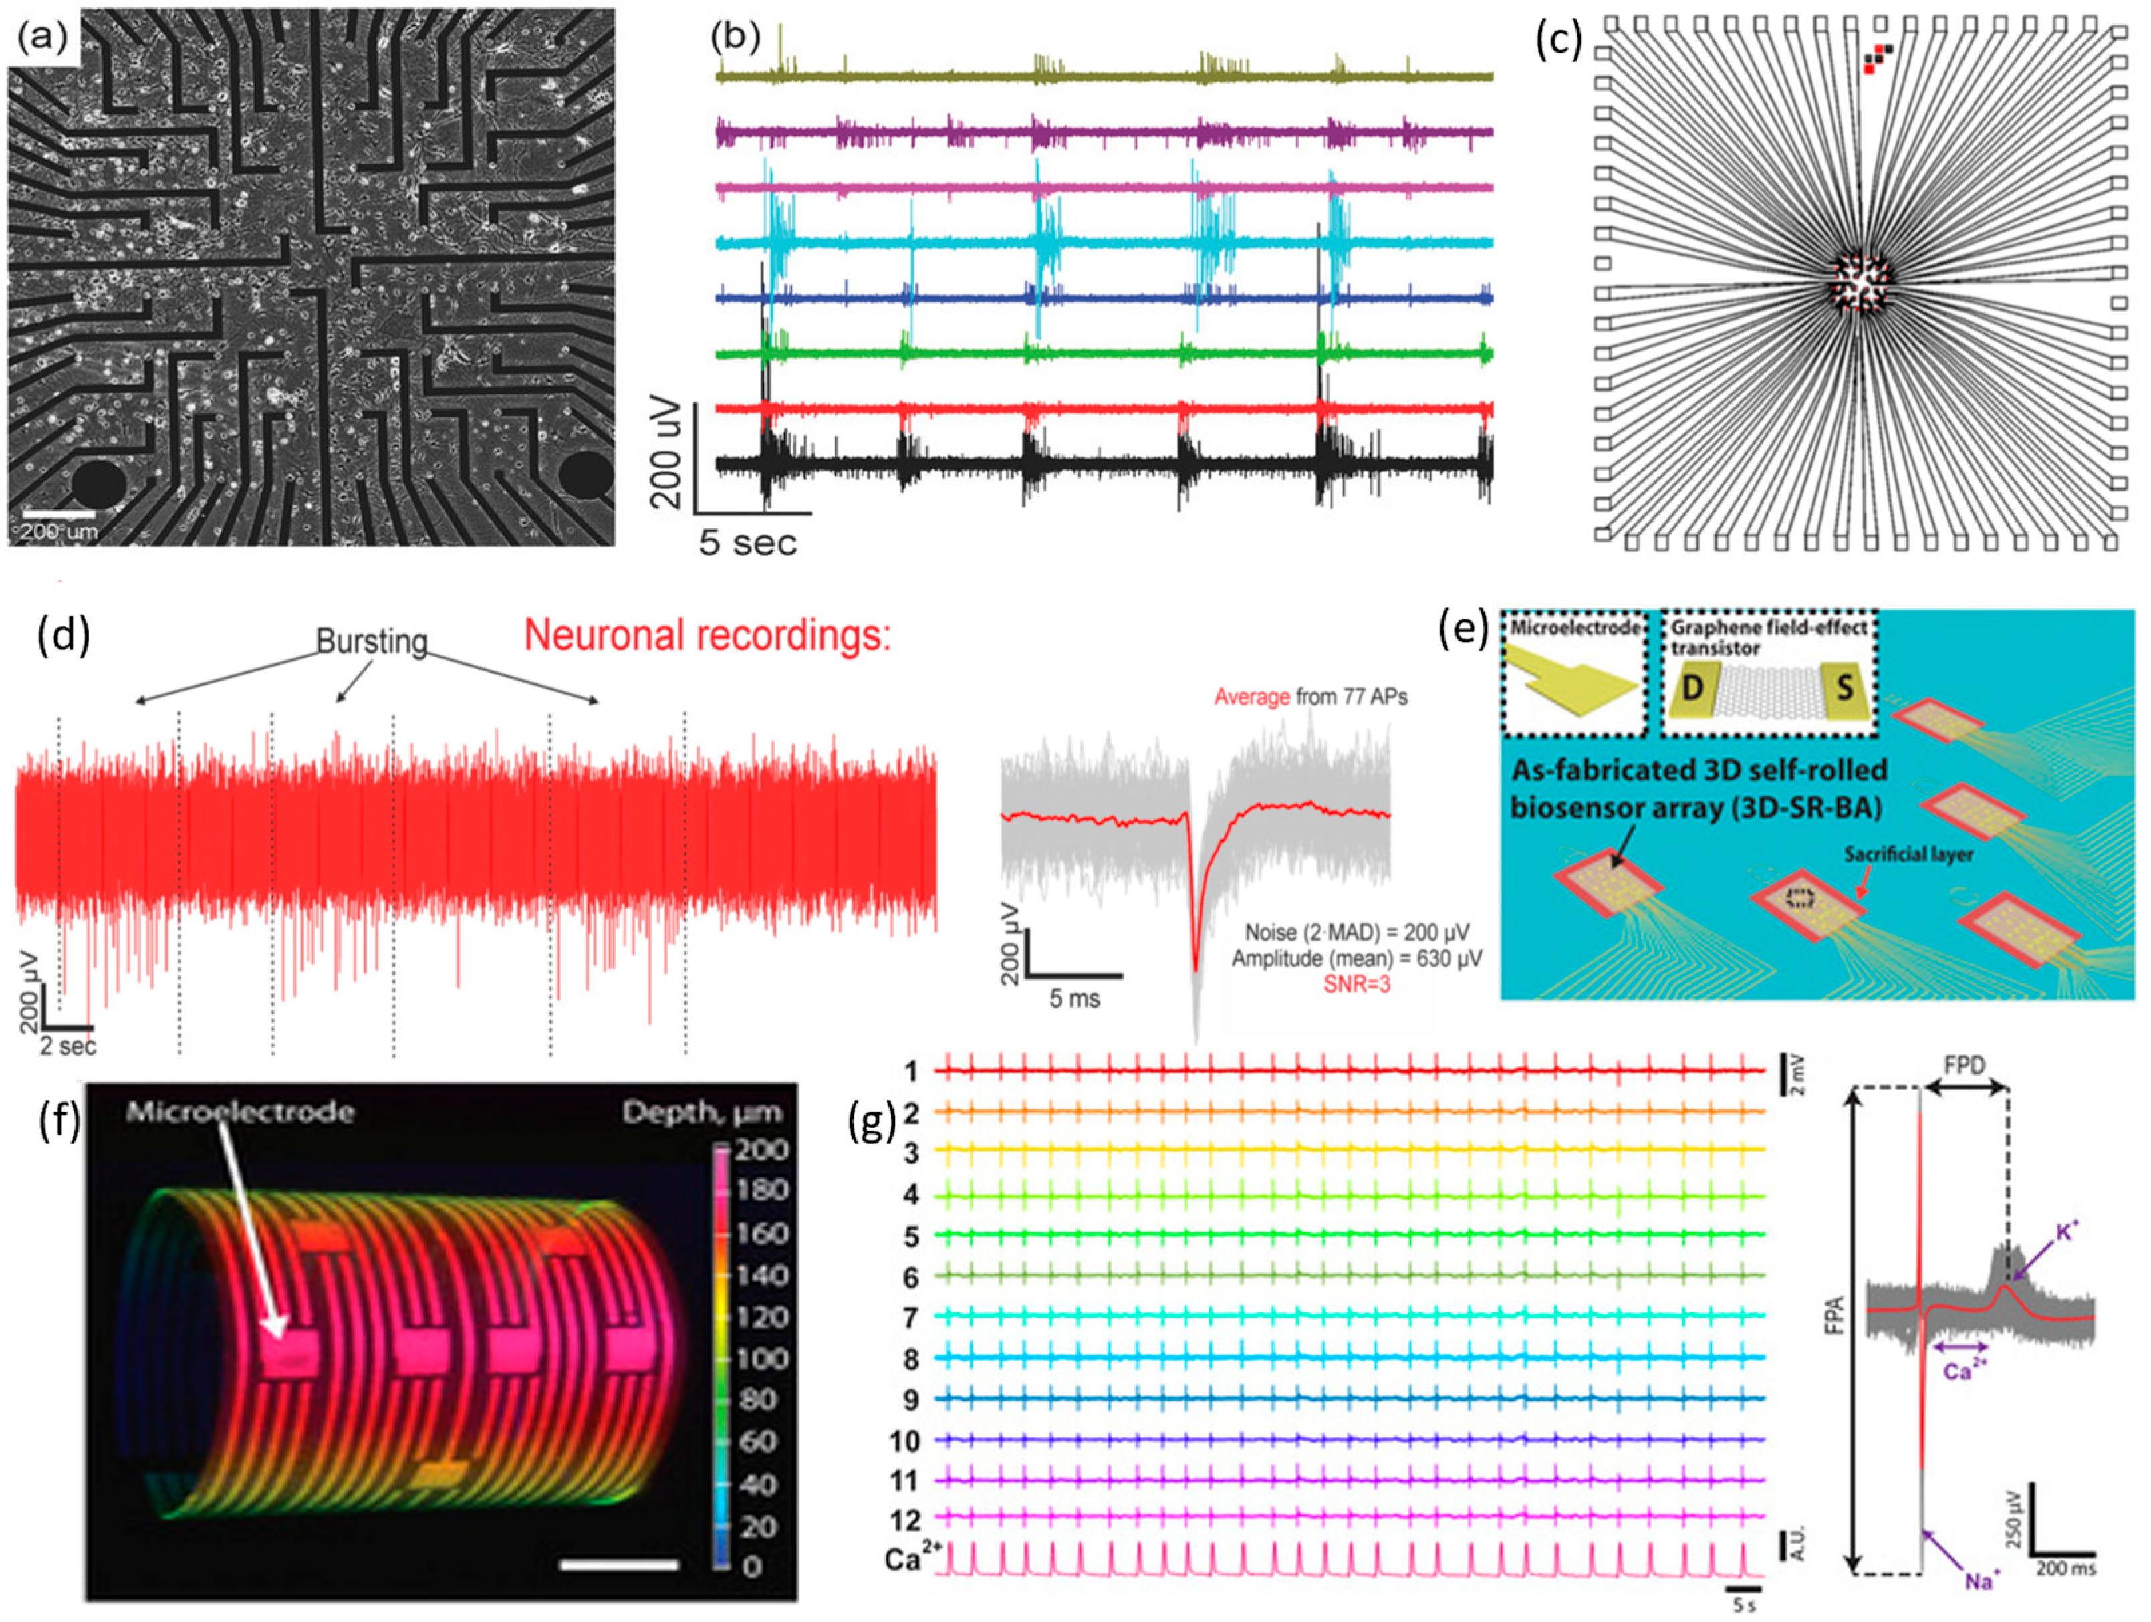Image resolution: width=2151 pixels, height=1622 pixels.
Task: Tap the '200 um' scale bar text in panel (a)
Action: click(x=58, y=532)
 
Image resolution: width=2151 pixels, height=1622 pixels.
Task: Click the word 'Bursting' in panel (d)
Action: click(x=372, y=642)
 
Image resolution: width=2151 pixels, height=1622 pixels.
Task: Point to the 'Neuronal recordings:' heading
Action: click(x=707, y=636)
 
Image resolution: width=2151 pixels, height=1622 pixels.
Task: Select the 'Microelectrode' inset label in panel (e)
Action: click(x=1574, y=628)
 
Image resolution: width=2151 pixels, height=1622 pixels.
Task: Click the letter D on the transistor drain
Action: click(x=1693, y=689)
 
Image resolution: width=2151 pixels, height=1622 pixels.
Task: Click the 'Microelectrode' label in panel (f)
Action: click(x=239, y=1111)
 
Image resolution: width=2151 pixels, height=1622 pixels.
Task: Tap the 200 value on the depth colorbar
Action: click(x=761, y=1151)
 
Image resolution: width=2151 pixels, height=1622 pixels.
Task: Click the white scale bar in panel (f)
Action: click(x=620, y=1565)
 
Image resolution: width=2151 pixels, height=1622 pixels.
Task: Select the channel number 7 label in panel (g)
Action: click(x=910, y=1318)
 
